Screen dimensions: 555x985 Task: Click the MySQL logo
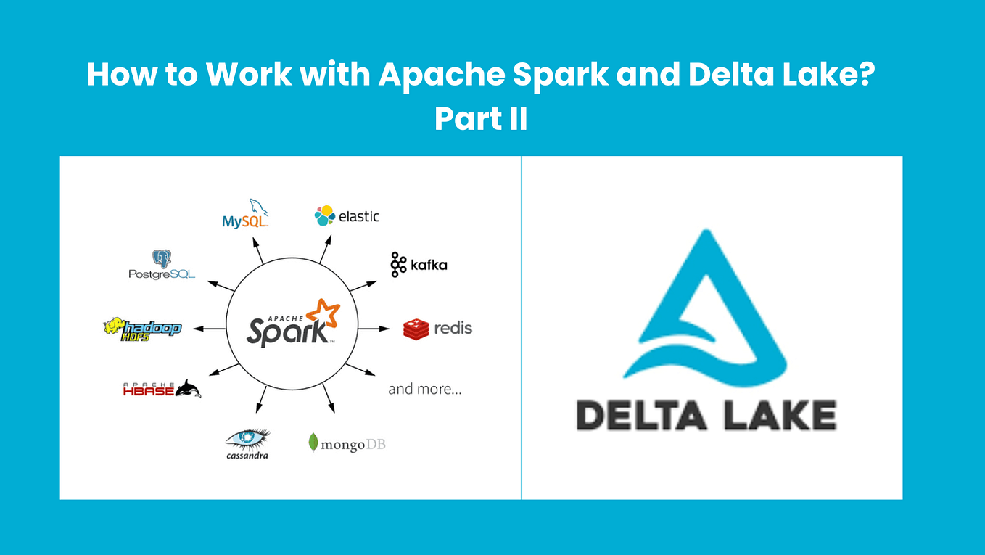click(x=245, y=215)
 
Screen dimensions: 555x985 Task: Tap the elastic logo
click(x=347, y=216)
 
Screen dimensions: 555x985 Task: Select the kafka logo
click(x=419, y=265)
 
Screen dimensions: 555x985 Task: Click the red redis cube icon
click(x=416, y=329)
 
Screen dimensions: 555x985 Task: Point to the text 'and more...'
click(x=425, y=389)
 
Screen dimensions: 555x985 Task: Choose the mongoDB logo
click(x=347, y=443)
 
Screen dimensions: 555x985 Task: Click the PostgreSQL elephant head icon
click(x=161, y=259)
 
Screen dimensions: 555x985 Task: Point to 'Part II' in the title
click(x=480, y=119)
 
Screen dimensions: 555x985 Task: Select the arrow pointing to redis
click(x=374, y=329)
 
